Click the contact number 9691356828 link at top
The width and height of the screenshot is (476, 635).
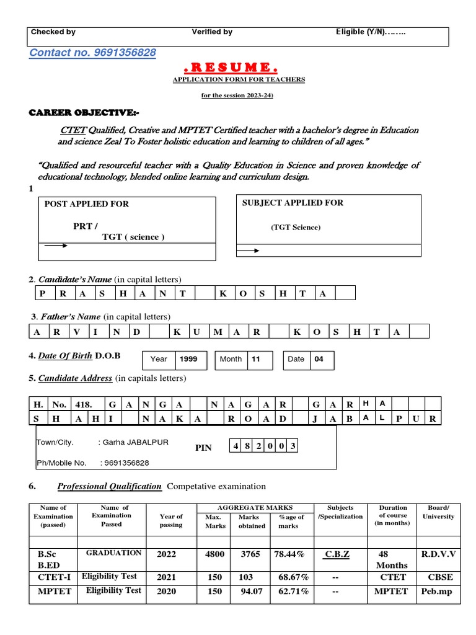(x=93, y=53)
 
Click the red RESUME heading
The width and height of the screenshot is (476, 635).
(x=239, y=67)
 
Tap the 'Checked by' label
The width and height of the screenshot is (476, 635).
(x=53, y=32)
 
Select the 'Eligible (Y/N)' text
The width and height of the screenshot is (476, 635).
(x=371, y=32)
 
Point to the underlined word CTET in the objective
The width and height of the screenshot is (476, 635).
(x=72, y=130)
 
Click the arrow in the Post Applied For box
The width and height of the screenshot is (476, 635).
(x=56, y=246)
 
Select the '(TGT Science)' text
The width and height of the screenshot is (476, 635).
(x=296, y=228)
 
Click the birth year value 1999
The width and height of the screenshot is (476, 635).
(x=189, y=359)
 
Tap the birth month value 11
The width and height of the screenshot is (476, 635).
(x=257, y=359)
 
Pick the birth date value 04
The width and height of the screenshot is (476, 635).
(x=319, y=359)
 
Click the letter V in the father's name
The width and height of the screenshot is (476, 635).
(x=76, y=332)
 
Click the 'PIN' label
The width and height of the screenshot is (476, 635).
(x=204, y=448)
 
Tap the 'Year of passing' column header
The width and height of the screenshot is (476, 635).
(x=171, y=520)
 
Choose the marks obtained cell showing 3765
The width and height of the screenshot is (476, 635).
(x=250, y=554)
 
